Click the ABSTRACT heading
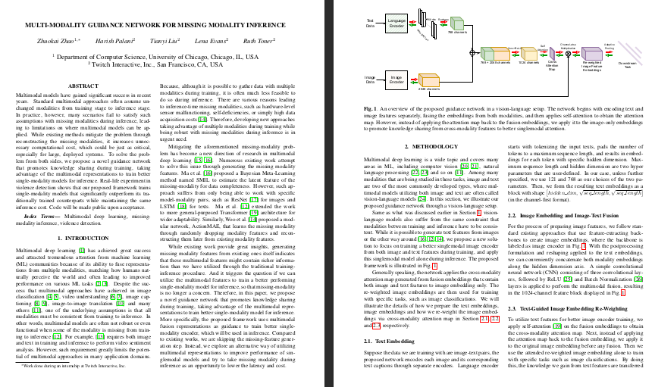[83, 87]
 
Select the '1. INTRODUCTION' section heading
[83, 239]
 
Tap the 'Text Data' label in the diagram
[371, 23]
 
